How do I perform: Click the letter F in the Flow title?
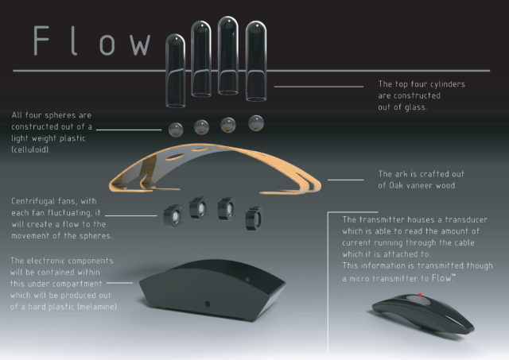(x=41, y=41)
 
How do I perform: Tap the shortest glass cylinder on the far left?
(x=175, y=71)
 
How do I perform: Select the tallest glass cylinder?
(x=228, y=56)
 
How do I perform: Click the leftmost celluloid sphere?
(x=176, y=130)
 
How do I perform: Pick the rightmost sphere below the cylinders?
(x=256, y=123)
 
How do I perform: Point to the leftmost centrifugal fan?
(x=173, y=215)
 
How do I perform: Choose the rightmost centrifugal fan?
(x=253, y=219)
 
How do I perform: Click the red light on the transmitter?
(x=420, y=295)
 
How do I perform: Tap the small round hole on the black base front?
(x=208, y=304)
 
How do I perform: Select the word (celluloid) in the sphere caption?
(x=30, y=149)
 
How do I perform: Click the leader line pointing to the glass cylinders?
(x=319, y=87)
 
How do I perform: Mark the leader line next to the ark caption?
(x=346, y=180)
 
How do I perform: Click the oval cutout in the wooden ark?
(x=175, y=157)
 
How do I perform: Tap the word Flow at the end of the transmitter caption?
(x=441, y=278)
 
